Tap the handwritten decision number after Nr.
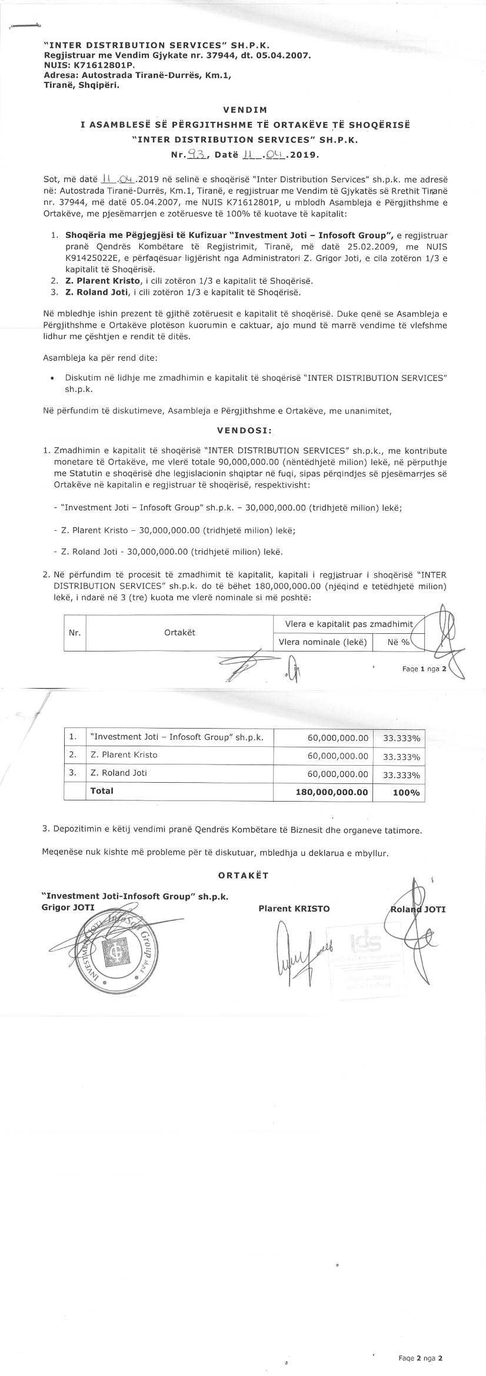point(194,155)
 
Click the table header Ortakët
point(179,632)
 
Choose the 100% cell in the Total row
point(406,793)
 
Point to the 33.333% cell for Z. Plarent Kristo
point(401,757)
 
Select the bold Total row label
point(102,791)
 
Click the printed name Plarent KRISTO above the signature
point(294,908)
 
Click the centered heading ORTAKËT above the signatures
point(243,875)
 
